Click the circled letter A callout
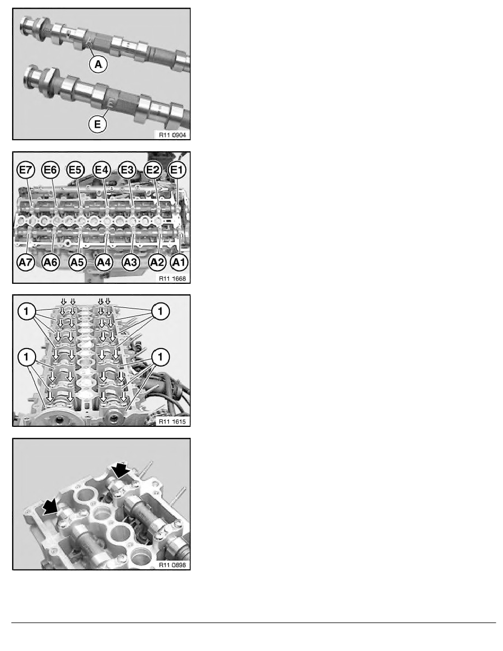tap(98, 65)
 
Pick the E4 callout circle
tap(102, 169)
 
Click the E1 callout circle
tap(177, 169)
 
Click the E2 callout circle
tap(153, 169)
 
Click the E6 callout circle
tap(51, 169)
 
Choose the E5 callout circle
tap(76, 169)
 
